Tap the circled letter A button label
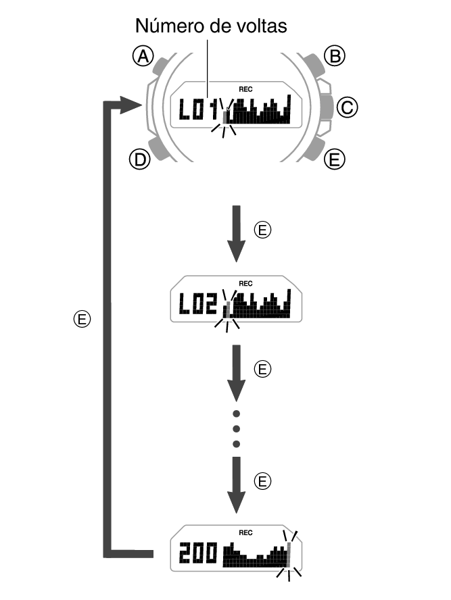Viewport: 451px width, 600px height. (142, 57)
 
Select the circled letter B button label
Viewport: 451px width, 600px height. (334, 56)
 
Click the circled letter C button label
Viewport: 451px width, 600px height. (347, 107)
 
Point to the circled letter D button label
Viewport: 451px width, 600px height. (139, 159)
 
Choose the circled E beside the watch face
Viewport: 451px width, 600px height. (333, 159)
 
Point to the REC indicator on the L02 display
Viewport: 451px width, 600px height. (245, 284)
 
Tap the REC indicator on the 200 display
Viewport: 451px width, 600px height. (245, 532)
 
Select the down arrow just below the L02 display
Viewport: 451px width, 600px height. (236, 372)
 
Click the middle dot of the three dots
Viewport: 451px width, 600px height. (236, 428)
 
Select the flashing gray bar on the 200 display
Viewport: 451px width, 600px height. (289, 555)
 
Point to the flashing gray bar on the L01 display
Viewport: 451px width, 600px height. (226, 118)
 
